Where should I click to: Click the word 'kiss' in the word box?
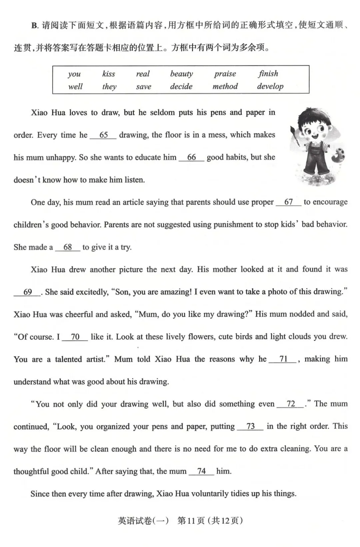109,74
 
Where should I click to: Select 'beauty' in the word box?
181,74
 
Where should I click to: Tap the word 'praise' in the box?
225,74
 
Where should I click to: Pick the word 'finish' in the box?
268,73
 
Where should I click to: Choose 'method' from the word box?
225,86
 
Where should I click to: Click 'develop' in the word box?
270,87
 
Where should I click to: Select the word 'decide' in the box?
181,86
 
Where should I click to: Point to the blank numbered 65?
103,135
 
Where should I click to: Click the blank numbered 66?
191,158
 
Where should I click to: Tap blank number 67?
288,202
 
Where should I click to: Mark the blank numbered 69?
28,292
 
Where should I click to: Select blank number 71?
283,359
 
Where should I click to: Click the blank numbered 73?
250,426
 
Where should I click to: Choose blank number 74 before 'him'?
201,471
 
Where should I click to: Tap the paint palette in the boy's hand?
338,157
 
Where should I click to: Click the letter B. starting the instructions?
35,26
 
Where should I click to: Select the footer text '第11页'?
191,520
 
